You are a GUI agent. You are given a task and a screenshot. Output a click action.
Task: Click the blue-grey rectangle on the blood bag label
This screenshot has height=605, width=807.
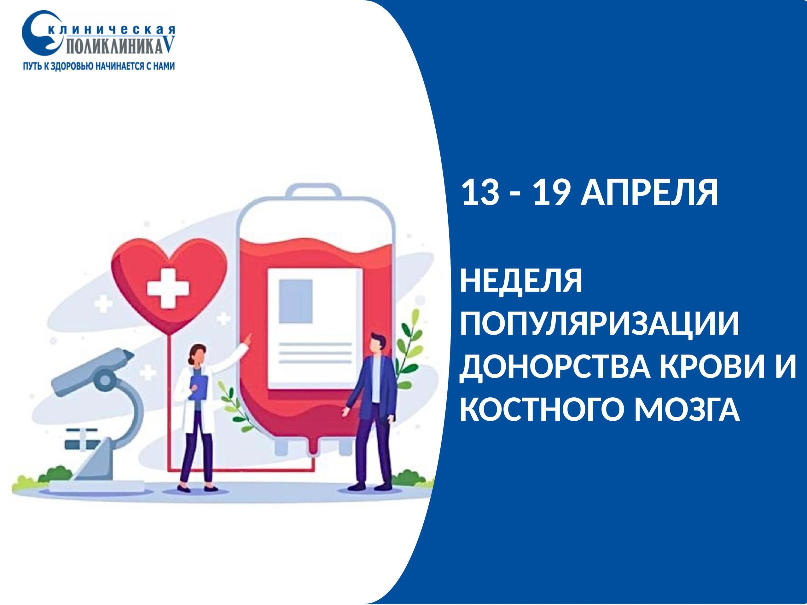[x=295, y=301]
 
